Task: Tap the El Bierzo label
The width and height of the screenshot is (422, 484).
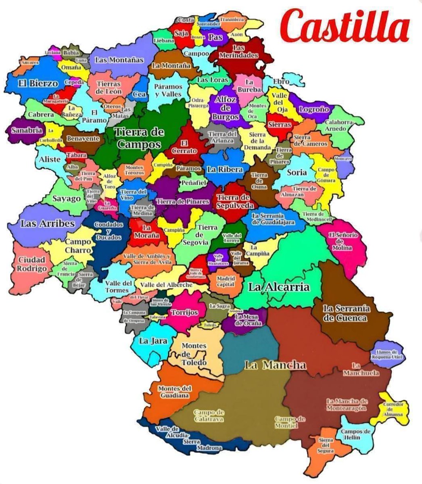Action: tap(38, 83)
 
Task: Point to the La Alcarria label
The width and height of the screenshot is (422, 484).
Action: tap(279, 287)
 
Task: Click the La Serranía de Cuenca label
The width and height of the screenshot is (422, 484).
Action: tap(346, 313)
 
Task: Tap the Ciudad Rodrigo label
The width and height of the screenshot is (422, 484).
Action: tap(32, 265)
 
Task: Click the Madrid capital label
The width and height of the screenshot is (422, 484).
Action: tap(226, 281)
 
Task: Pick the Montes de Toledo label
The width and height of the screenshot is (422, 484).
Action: tap(194, 354)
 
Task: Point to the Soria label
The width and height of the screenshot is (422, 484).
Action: tap(297, 172)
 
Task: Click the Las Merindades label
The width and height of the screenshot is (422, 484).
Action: tap(239, 51)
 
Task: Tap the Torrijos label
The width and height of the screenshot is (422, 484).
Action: tap(184, 312)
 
